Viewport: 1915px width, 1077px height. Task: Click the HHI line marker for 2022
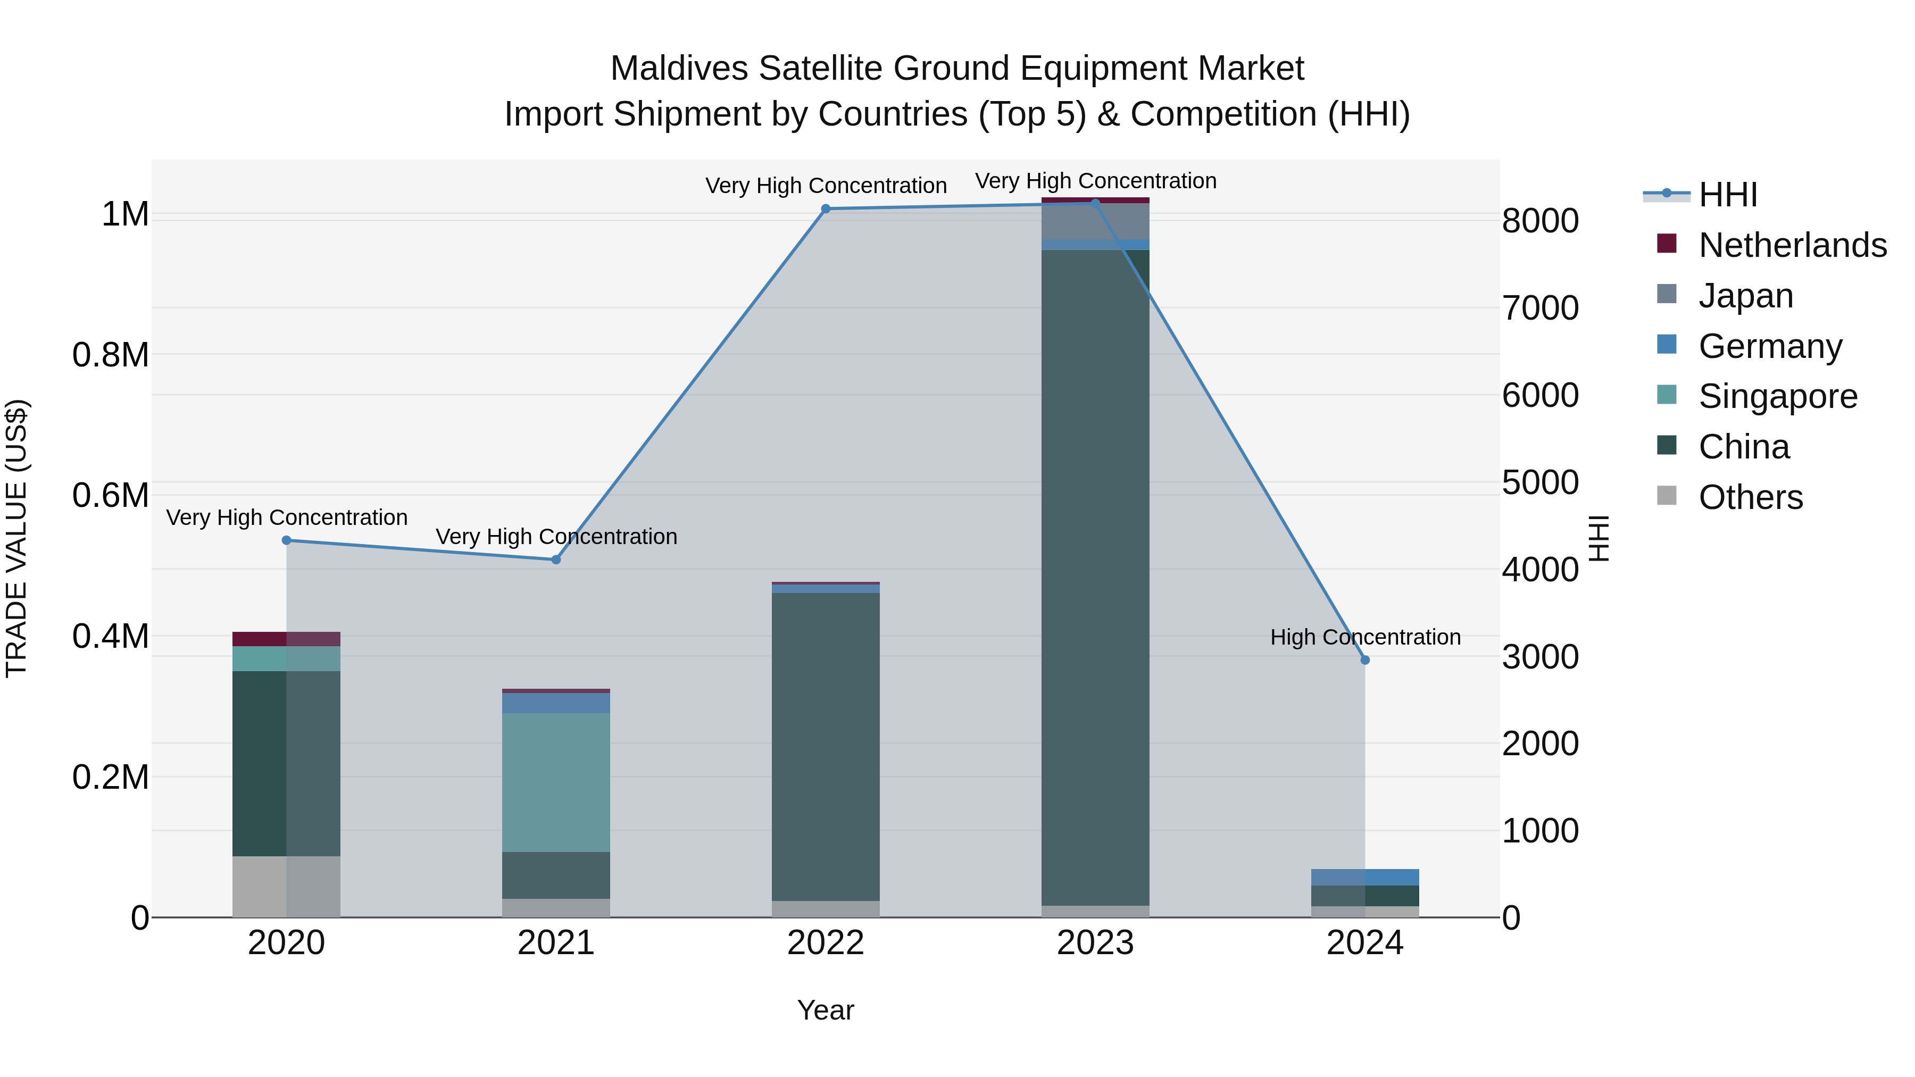coord(825,209)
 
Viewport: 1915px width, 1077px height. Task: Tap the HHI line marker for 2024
coord(1365,660)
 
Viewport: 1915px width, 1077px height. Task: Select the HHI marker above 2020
coord(286,540)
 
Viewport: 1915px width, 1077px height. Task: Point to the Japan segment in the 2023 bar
coord(1095,221)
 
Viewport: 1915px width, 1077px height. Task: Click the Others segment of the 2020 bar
coord(286,886)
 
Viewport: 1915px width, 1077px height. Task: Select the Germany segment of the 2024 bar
coord(1365,877)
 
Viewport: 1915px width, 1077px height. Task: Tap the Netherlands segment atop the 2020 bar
coord(286,638)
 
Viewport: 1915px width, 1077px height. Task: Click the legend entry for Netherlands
coord(1792,245)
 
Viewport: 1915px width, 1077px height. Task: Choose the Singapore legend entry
coord(1777,396)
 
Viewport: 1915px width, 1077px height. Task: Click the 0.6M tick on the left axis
coord(111,496)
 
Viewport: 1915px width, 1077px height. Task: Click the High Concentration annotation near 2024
coord(1365,637)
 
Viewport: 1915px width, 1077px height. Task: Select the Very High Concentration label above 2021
coord(556,537)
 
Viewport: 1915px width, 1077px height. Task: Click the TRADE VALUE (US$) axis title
coord(16,538)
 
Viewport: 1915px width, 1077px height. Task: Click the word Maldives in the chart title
coord(679,69)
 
